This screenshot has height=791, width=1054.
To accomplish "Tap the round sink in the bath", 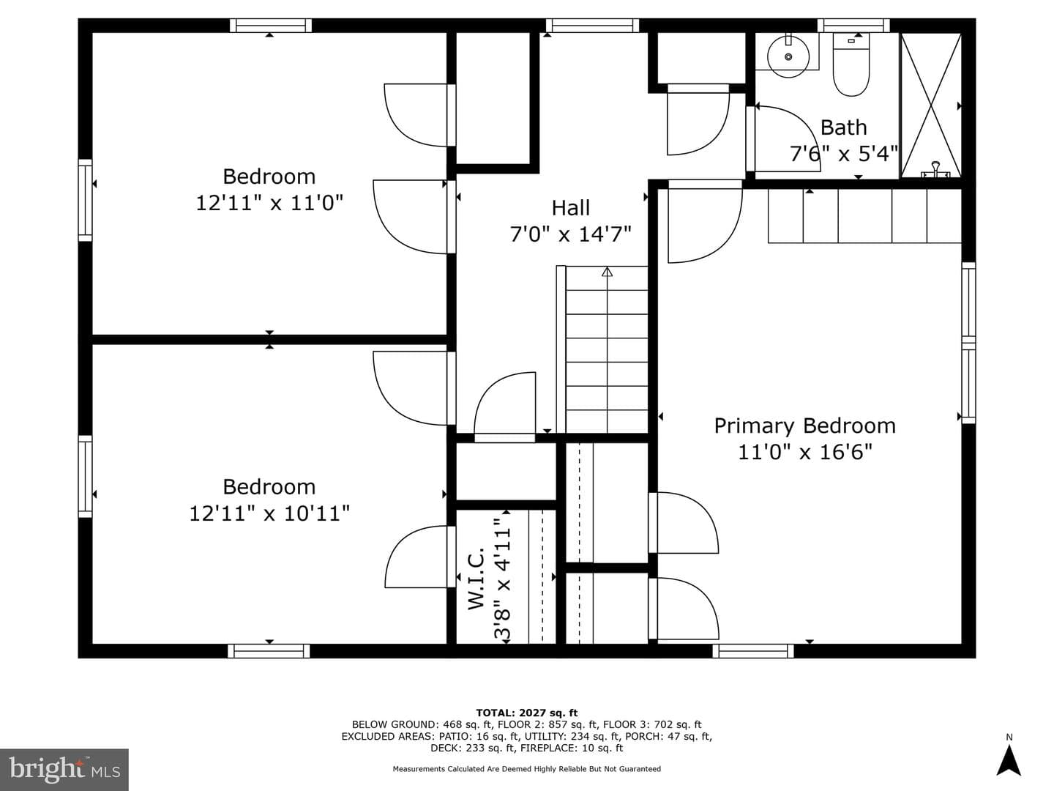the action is pos(788,56).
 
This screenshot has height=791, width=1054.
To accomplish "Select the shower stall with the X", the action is pos(930,105).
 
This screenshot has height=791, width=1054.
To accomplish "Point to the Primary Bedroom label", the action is pos(804,426).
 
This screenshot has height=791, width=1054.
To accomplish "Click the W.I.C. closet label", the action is pos(476,578).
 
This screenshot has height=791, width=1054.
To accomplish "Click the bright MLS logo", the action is pos(64,769).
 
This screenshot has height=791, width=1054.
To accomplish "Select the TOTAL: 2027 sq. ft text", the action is pos(527,713).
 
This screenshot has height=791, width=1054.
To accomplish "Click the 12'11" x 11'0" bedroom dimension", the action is pos(269,203).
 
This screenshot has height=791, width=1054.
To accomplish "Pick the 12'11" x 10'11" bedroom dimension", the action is pos(269,513).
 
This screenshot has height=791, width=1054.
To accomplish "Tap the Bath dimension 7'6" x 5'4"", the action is pos(844,154).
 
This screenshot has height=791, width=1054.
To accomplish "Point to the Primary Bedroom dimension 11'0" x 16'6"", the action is pos(805,453).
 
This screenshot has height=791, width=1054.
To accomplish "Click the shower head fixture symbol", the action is pos(935,170).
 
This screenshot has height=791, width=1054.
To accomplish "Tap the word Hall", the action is pos(570,208).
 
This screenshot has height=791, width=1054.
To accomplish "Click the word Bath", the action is pos(844,127).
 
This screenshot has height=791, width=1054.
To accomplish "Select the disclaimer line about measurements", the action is pos(527,769).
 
